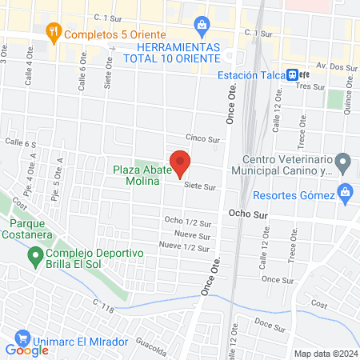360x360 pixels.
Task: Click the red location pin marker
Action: [x=180, y=162]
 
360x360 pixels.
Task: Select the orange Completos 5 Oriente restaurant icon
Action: [x=54, y=34]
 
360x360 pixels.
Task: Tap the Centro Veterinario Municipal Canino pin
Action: [x=343, y=164]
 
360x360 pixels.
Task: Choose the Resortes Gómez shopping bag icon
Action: [x=345, y=192]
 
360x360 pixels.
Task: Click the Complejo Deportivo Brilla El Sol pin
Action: [x=35, y=256]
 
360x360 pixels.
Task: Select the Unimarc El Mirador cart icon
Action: [x=22, y=340]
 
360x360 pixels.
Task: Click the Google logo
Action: [x=27, y=350]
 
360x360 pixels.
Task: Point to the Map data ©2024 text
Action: [x=324, y=354]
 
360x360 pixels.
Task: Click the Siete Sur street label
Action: [x=200, y=186]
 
